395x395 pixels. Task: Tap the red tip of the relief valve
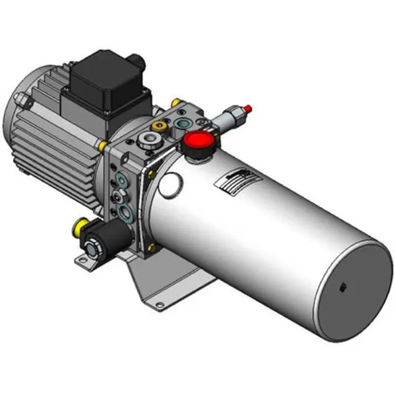247,109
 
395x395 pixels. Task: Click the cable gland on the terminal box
137,61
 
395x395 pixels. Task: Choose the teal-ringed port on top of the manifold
181,123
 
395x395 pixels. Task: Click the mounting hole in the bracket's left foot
80,262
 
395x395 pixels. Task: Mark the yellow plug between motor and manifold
99,146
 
